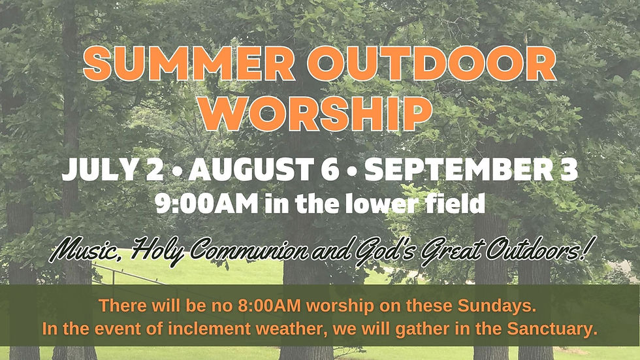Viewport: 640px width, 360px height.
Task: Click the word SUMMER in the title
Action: click(x=189, y=63)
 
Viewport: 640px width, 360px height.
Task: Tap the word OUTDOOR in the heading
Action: click(x=432, y=63)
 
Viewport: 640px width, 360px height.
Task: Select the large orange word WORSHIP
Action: click(x=317, y=113)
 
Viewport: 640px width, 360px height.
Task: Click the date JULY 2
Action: click(x=112, y=169)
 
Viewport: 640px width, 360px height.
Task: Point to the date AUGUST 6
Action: click(x=264, y=169)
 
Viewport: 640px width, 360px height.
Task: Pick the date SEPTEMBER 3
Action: click(x=472, y=169)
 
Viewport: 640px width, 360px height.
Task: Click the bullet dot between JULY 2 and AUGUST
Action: click(x=176, y=171)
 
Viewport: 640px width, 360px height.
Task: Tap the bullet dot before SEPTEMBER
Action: click(x=352, y=171)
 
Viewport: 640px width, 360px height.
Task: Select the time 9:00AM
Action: click(x=206, y=204)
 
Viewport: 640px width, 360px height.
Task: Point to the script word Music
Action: click(x=86, y=250)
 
